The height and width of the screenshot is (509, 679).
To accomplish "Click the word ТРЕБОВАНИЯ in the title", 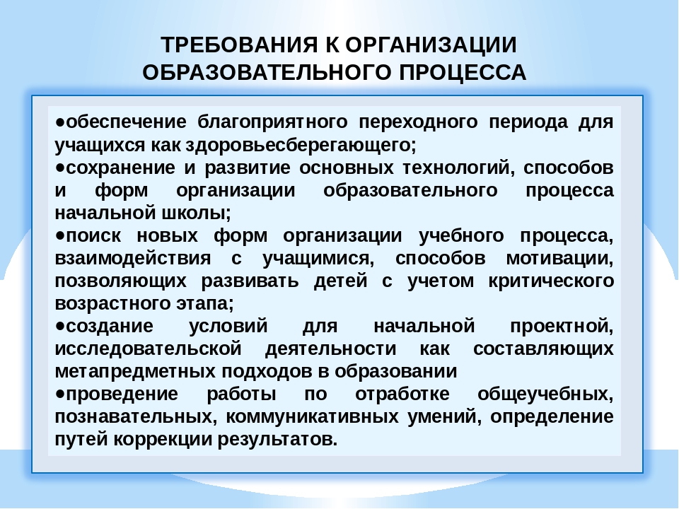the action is [239, 45].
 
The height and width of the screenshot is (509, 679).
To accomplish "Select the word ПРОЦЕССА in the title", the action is [463, 72].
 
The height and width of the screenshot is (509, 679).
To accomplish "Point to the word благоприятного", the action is [272, 122].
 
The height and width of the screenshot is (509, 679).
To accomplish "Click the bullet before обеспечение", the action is [59, 122].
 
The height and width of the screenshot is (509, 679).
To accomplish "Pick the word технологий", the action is [456, 168].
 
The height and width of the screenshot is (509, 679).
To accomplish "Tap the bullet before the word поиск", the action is [59, 236].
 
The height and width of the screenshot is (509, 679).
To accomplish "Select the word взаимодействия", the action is [133, 259].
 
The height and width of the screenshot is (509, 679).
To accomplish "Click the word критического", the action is [551, 281].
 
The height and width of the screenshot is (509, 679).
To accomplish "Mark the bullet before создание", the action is [59, 327].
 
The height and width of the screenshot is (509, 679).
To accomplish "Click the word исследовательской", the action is [148, 349].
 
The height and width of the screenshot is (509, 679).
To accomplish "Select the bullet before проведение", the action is [59, 394].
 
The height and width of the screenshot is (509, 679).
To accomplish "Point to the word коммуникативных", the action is [312, 417].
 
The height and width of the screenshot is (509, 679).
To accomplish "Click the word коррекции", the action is [163, 440].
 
